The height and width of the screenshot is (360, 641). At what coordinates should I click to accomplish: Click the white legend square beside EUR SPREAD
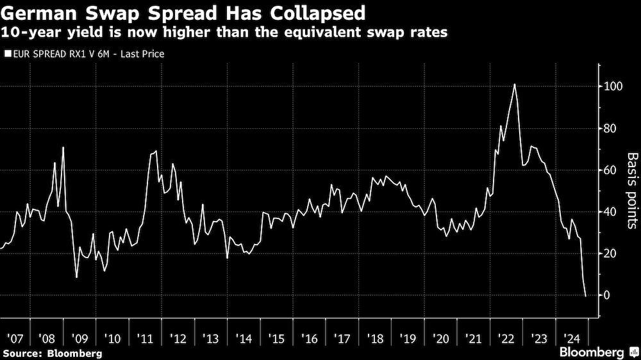pos(8,54)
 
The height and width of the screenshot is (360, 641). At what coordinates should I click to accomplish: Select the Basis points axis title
pos(632,190)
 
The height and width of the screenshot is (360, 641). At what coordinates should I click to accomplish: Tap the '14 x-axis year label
pos(243,338)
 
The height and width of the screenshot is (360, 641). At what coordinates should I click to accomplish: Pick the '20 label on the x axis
pos(440,338)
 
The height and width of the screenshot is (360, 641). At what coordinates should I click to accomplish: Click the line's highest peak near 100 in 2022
pos(515,85)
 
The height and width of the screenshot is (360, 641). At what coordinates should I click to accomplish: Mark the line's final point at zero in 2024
pos(585,295)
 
